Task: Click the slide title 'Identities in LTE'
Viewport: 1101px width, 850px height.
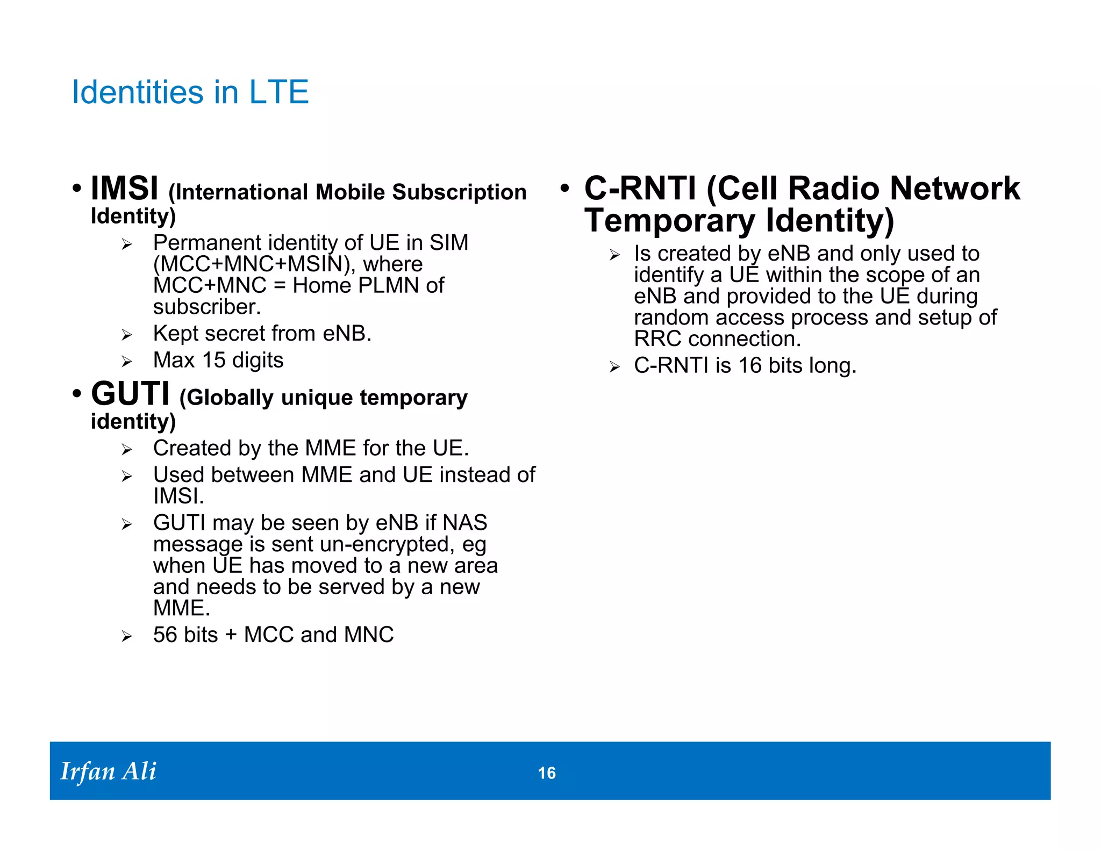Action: point(190,92)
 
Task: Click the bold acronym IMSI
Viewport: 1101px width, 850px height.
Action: point(124,189)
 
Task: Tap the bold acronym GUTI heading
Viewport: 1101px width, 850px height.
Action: point(130,394)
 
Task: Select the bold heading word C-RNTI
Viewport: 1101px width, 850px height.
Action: point(640,189)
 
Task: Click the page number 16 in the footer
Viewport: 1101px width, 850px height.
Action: point(547,773)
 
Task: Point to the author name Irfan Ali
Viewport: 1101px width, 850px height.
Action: point(108,771)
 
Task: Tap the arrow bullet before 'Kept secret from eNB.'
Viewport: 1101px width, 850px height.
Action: point(127,335)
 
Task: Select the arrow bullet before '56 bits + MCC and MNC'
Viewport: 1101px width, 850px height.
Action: point(127,637)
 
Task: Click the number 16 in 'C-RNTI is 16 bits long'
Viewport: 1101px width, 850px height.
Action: point(750,365)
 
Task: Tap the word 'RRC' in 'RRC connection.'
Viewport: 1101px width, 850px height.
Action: point(657,339)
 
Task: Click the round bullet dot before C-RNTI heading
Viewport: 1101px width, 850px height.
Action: point(564,189)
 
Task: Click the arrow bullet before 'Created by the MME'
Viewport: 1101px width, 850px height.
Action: point(127,450)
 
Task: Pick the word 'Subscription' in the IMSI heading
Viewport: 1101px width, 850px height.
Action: point(459,192)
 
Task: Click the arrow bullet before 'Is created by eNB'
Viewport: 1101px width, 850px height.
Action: point(615,255)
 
